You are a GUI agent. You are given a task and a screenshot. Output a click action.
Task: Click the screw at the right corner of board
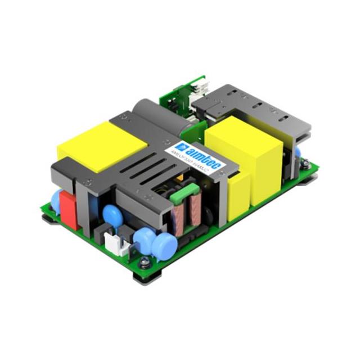point(305,164)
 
